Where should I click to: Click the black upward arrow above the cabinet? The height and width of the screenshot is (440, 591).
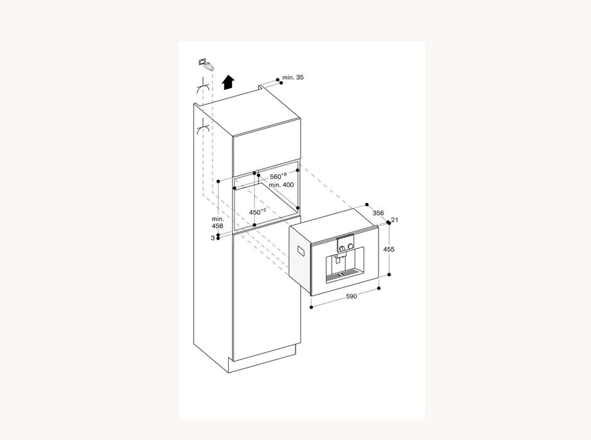(228, 82)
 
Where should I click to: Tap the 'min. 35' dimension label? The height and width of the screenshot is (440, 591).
(292, 77)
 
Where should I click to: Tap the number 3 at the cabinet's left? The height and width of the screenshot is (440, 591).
(212, 238)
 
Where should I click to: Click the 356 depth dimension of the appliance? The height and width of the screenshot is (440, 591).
(378, 213)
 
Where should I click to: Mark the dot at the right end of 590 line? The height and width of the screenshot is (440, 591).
(379, 289)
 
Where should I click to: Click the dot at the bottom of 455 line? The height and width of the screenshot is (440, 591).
(389, 275)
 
